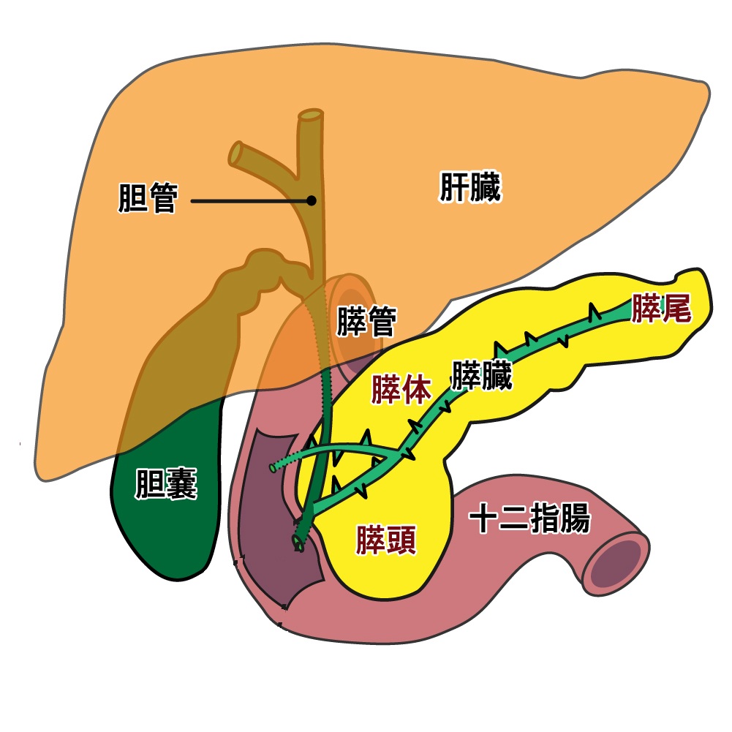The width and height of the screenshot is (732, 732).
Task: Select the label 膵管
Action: click(366, 322)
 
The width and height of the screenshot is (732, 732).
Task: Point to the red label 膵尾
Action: click(661, 309)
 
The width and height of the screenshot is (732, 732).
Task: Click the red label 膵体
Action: click(401, 390)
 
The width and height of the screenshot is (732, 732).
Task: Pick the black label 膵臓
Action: click(482, 375)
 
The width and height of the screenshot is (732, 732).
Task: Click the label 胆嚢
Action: click(166, 485)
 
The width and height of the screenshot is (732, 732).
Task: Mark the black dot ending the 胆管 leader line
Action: click(312, 200)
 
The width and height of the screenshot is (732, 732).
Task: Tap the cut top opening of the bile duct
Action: click(310, 116)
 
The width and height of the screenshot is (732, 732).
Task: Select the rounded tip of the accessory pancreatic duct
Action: click(273, 467)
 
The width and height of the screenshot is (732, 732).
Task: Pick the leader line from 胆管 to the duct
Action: click(249, 200)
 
